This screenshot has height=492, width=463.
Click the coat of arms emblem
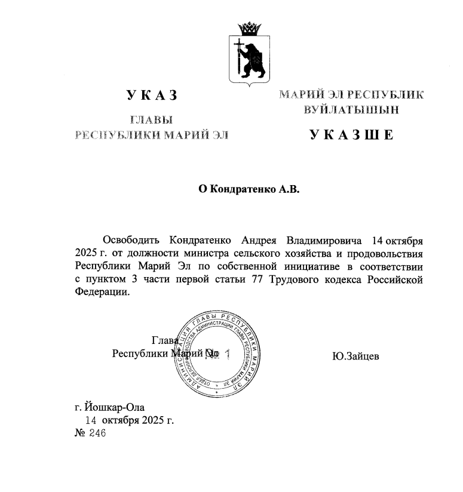tap(249, 54)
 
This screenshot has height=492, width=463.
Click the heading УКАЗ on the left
tap(152, 96)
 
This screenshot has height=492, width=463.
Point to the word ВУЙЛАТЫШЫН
tap(351, 110)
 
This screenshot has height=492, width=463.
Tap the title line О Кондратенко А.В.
tap(248, 190)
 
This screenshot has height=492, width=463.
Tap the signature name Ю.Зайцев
tap(357, 356)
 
